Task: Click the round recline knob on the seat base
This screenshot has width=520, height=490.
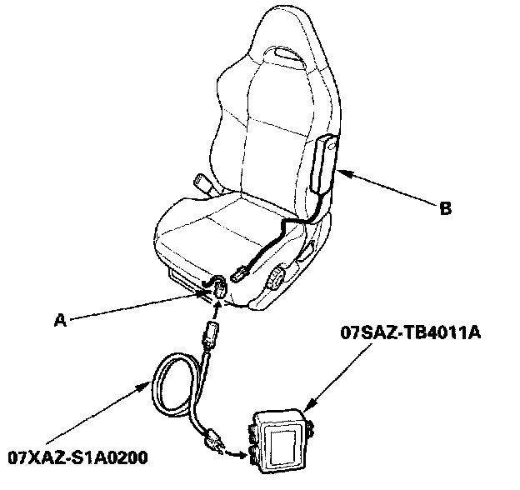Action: click(276, 277)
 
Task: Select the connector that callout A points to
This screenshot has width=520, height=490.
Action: click(219, 288)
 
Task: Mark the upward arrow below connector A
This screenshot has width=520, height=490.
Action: click(217, 307)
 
